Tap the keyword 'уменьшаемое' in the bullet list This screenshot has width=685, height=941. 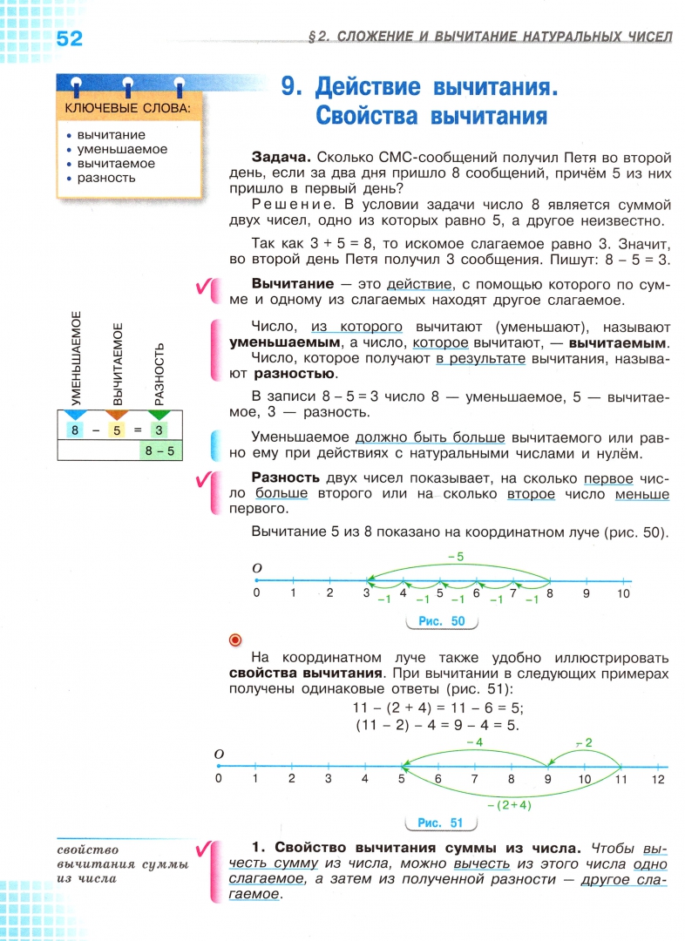[122, 149]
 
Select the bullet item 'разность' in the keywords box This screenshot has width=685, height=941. [106, 178]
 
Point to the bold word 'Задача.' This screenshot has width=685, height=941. [281, 158]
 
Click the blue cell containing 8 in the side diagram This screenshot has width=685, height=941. [76, 430]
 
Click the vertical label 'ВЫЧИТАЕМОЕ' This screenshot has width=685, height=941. [119, 362]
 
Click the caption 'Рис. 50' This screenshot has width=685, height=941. [442, 621]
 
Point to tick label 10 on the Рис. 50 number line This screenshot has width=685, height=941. [622, 593]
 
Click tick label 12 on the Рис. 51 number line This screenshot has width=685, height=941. [657, 778]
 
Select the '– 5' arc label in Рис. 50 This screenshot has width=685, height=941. [453, 555]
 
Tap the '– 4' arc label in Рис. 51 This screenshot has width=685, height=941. [474, 741]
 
